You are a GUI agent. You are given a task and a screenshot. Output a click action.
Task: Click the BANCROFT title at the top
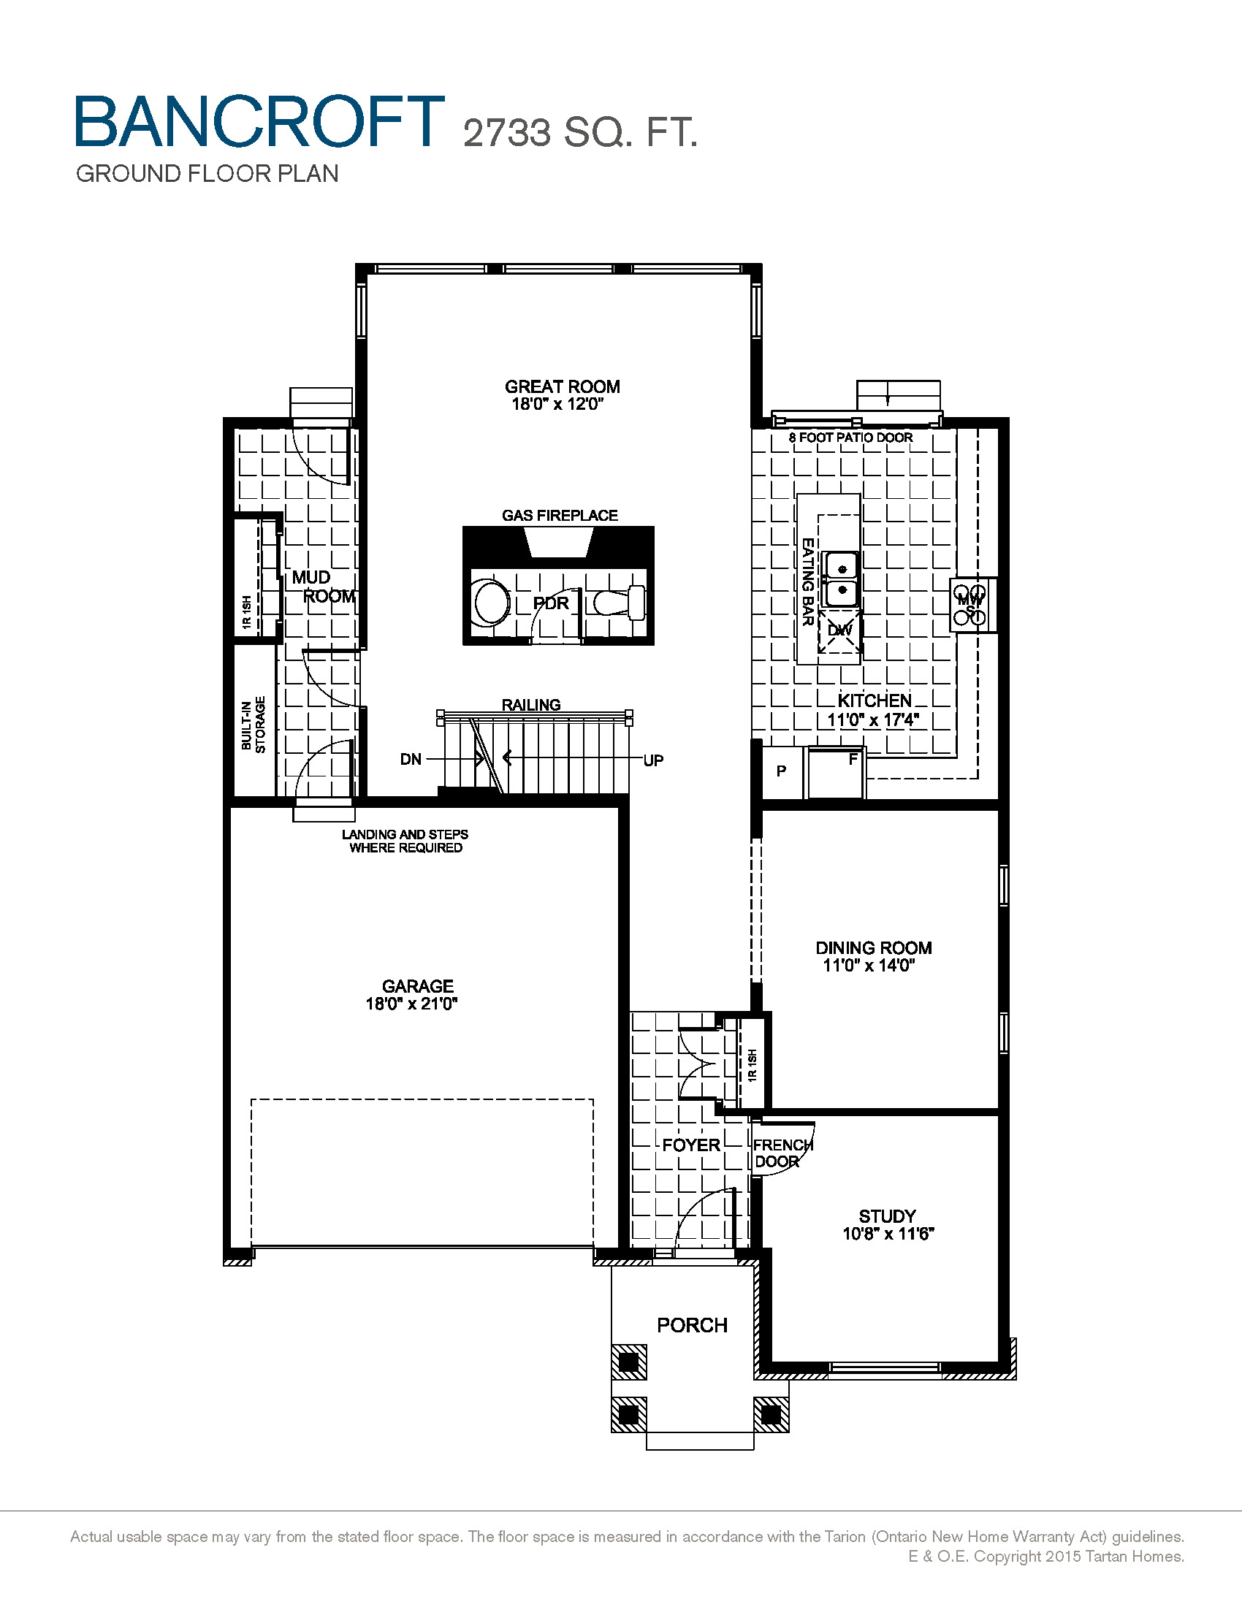[259, 121]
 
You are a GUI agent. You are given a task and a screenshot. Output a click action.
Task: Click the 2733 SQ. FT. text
[580, 133]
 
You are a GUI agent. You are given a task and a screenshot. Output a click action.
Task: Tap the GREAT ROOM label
[562, 387]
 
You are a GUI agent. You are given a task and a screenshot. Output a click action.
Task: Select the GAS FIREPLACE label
[559, 516]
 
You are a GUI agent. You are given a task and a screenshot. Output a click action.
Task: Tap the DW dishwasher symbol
[839, 630]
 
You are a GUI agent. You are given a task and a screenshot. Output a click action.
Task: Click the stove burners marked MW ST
[970, 605]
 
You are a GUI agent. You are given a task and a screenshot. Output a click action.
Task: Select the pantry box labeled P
[782, 771]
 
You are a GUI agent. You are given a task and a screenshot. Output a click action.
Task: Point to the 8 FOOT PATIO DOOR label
[850, 438]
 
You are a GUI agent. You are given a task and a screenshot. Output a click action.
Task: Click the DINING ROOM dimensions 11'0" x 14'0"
[868, 966]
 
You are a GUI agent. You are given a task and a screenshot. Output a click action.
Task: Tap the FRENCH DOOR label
[782, 1153]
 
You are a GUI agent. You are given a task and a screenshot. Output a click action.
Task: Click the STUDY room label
[888, 1216]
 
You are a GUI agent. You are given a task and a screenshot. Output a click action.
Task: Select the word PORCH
[692, 1325]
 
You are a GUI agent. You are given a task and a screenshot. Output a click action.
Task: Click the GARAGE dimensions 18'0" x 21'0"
[411, 1004]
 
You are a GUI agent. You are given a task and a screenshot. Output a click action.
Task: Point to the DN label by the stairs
[411, 760]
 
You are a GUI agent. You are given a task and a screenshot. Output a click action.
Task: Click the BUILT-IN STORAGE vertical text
[253, 724]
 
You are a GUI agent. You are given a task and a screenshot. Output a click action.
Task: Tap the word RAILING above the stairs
[530, 705]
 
